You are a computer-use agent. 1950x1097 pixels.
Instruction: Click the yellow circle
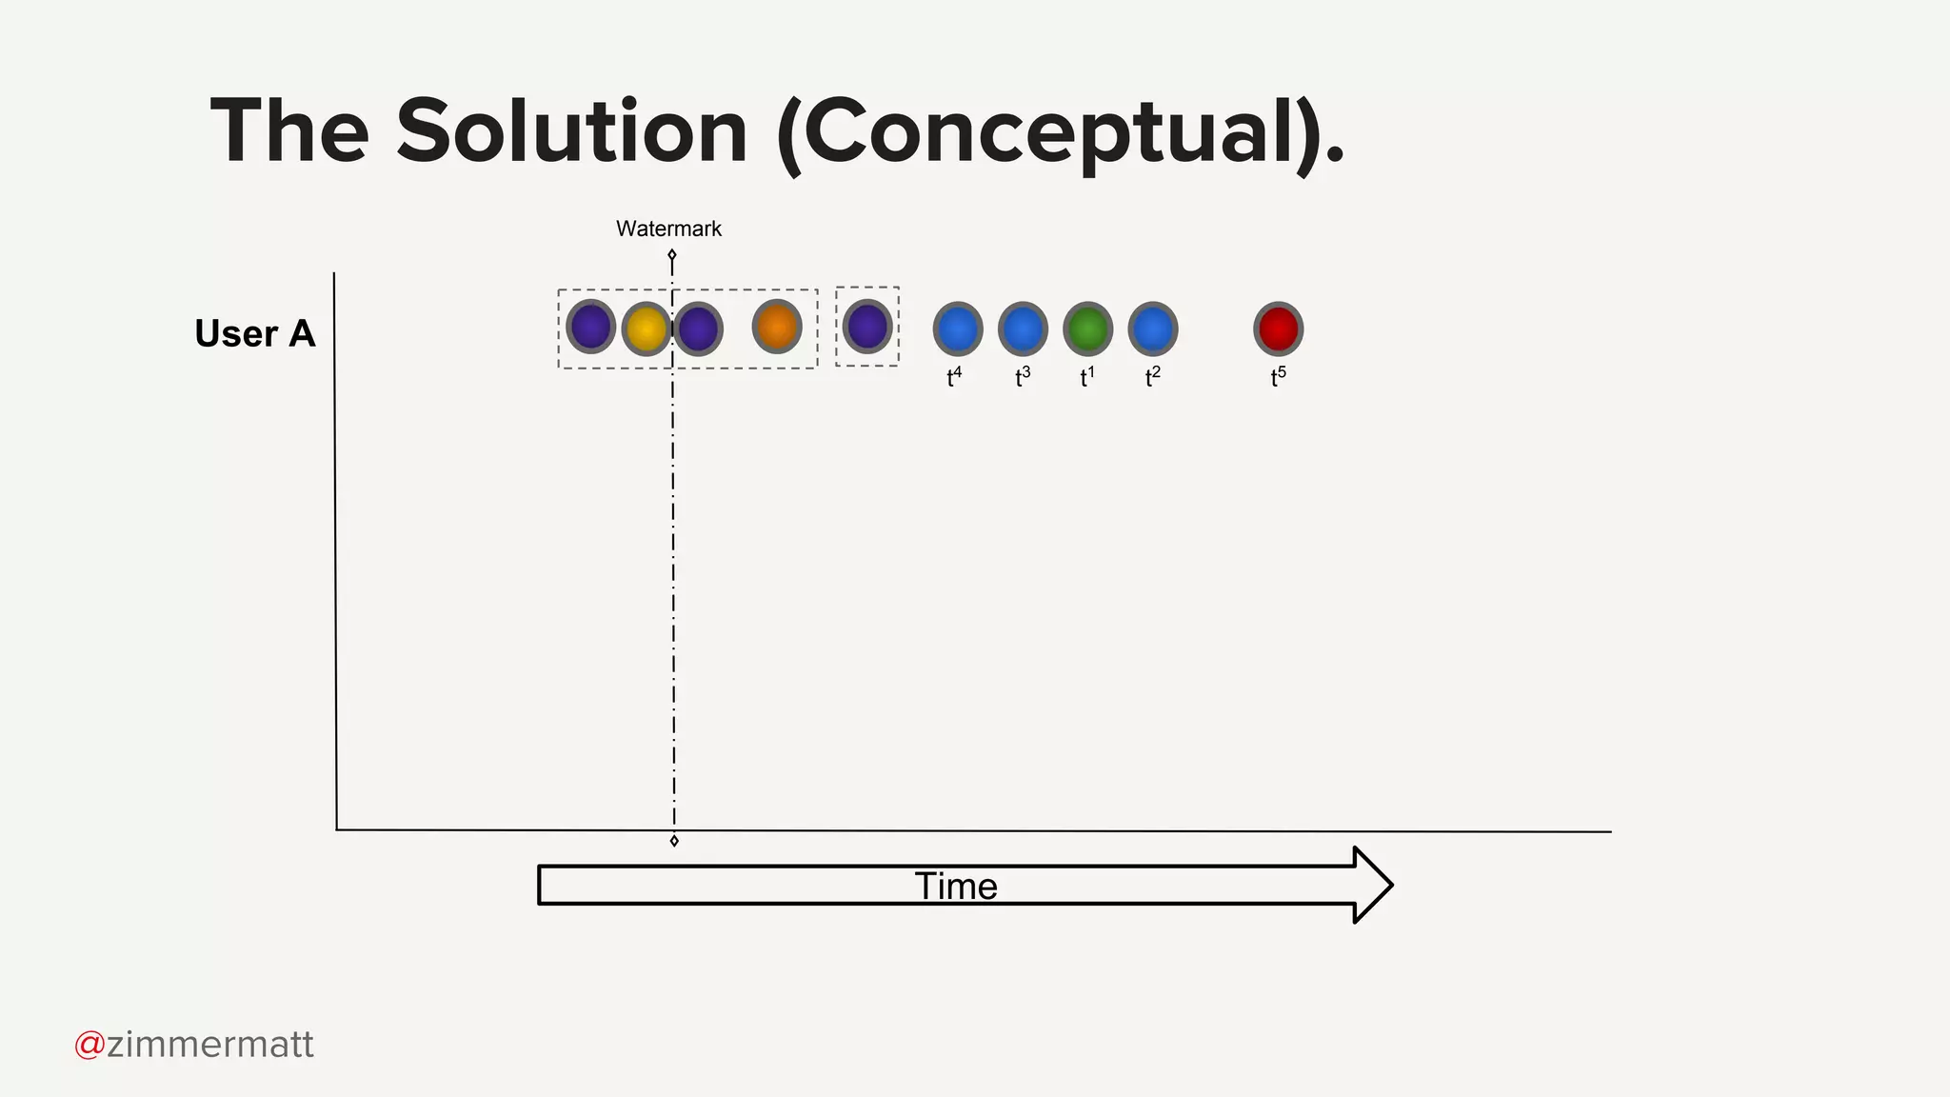[646, 329]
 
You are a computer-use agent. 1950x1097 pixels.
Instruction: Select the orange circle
[777, 327]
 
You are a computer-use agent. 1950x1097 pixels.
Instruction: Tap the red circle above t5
[1278, 329]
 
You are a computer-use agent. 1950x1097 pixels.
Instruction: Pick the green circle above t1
[1087, 329]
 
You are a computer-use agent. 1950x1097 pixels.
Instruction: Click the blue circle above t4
[957, 329]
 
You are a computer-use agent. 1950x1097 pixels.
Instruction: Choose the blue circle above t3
[1023, 329]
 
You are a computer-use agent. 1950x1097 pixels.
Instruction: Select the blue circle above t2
[1152, 329]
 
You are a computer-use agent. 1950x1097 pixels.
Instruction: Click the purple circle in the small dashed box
[867, 327]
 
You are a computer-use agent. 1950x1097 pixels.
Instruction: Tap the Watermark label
[668, 229]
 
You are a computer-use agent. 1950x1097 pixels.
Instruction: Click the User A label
[254, 333]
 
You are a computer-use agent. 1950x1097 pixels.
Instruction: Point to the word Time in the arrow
[956, 887]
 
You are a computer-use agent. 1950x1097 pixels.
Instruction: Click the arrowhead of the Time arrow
[1372, 885]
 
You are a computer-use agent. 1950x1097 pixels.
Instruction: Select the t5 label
[1278, 377]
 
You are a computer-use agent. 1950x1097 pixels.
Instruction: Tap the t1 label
[1086, 377]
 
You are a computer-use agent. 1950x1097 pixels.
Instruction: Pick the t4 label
[954, 377]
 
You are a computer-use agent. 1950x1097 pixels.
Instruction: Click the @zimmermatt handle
[194, 1045]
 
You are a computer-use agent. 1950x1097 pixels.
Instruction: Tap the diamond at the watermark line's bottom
[674, 841]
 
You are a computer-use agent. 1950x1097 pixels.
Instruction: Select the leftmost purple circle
[590, 327]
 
